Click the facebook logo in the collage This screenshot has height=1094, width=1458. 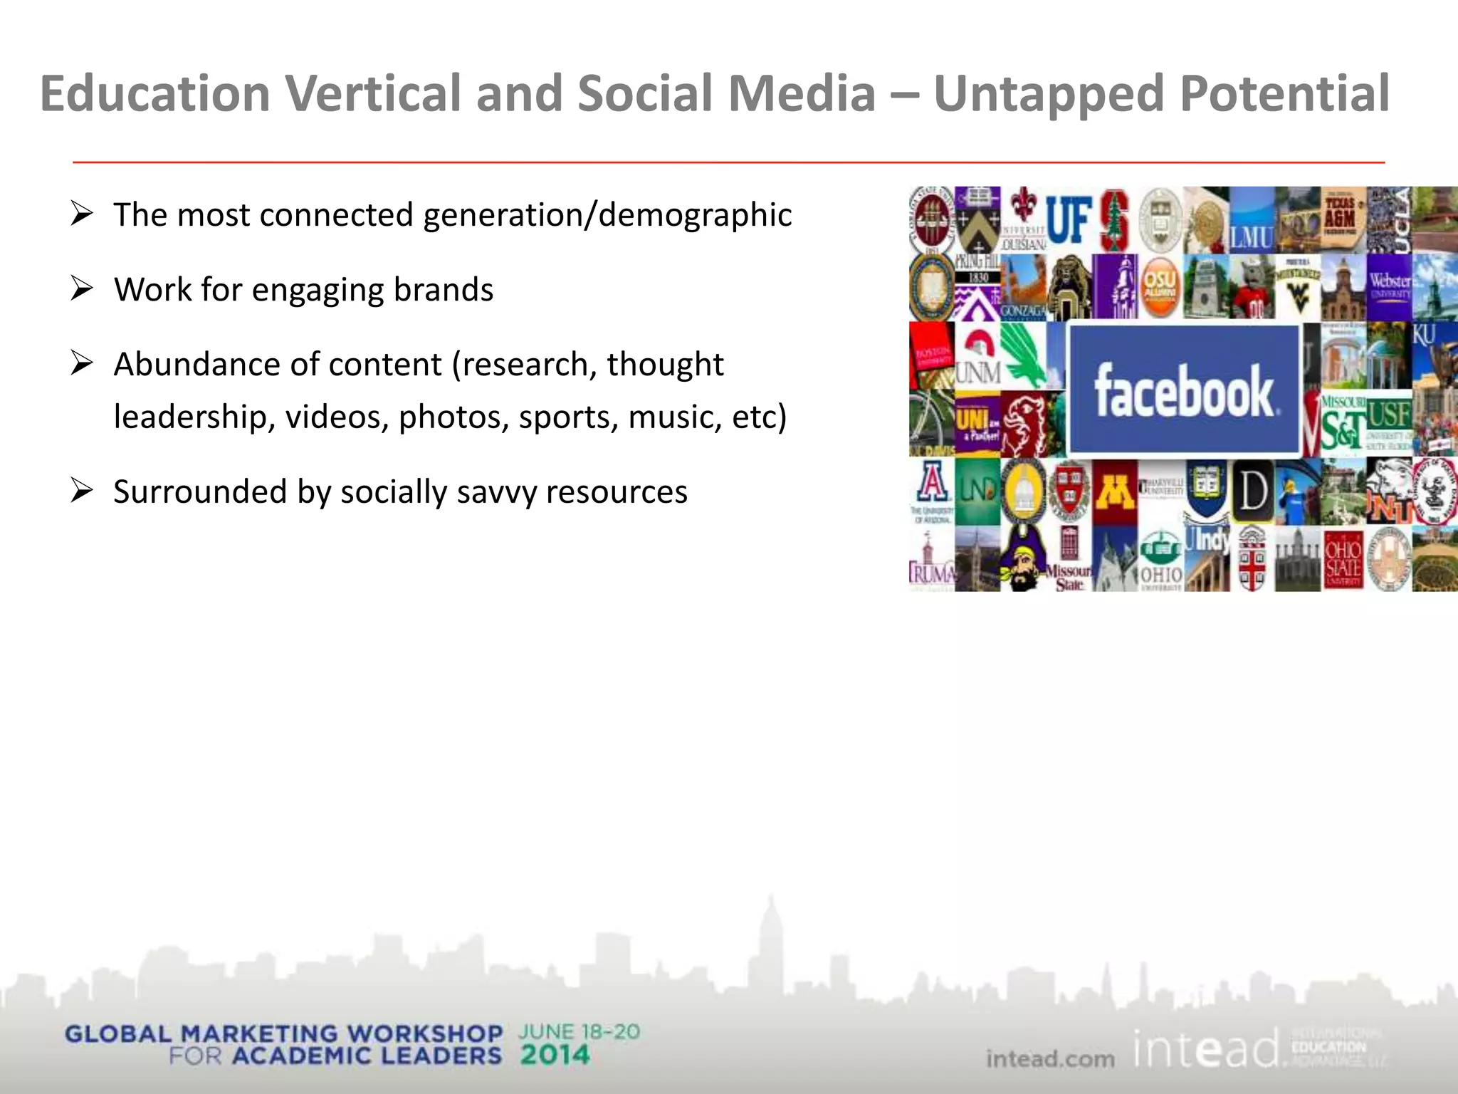[1184, 390]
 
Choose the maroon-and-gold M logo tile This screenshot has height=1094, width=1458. [1114, 491]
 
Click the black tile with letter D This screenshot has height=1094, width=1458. [1252, 491]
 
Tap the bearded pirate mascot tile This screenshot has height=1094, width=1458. [1022, 559]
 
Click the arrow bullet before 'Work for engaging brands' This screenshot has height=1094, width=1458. [82, 288]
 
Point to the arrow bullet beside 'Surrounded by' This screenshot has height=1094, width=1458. [82, 491]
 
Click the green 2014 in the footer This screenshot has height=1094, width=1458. [555, 1055]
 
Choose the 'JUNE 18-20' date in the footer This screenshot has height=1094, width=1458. [579, 1032]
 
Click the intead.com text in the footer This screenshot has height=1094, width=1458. [1050, 1059]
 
